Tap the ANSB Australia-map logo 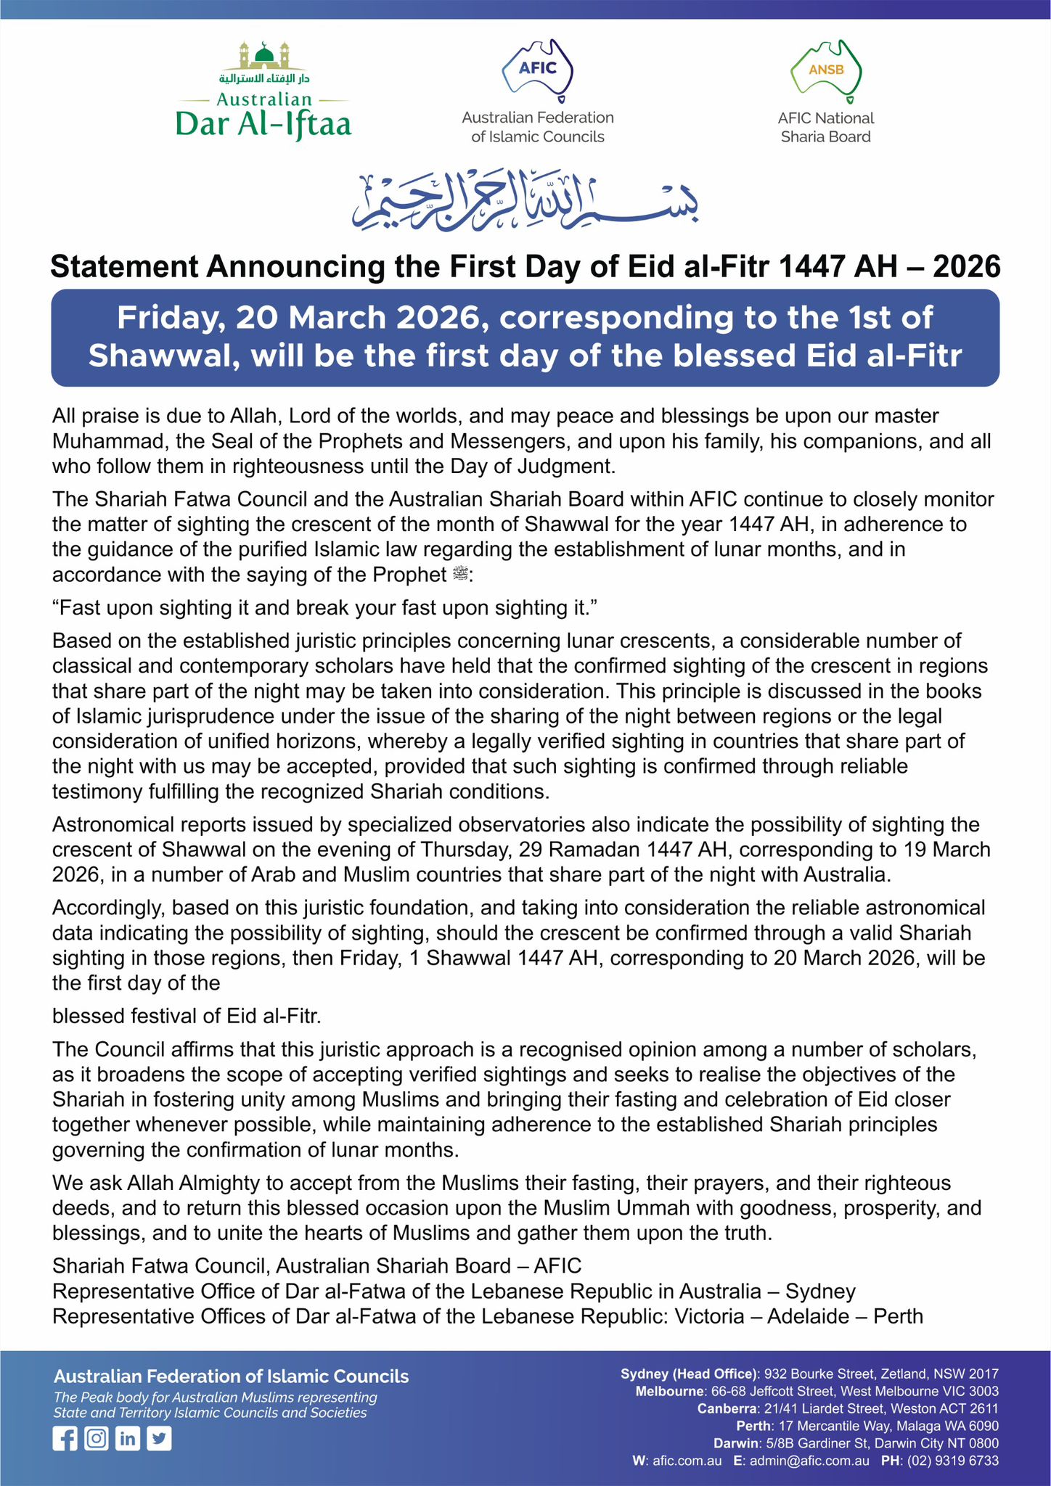826,70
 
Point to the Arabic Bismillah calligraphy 526,201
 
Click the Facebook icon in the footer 65,1438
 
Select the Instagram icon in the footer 96,1438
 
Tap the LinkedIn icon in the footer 128,1438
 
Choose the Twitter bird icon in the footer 159,1438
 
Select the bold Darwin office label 735,1443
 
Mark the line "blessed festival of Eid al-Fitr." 187,1016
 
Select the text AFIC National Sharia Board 826,128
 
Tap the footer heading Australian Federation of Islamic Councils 232,1376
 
